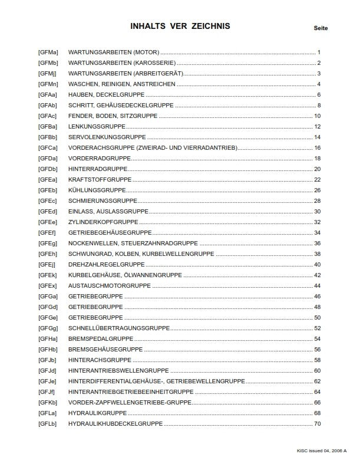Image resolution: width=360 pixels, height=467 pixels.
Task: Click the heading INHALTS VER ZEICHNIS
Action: click(180, 26)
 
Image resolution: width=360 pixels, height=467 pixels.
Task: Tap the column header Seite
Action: click(321, 28)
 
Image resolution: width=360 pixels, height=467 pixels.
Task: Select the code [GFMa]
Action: click(48, 52)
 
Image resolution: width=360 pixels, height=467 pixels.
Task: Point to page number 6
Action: click(318, 95)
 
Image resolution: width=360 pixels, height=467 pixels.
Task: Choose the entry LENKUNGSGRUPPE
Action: click(95, 127)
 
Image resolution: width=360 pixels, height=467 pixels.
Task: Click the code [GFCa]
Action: click(48, 148)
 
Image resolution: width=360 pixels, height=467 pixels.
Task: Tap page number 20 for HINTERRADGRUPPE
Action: click(317, 169)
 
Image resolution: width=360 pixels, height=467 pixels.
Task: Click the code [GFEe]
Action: click(48, 222)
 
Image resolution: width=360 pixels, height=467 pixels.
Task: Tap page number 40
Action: click(317, 265)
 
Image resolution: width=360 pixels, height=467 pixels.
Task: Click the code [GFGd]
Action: click(48, 307)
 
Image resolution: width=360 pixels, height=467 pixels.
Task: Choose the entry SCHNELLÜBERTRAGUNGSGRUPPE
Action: click(119, 328)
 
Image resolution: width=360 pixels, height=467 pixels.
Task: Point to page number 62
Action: click(317, 382)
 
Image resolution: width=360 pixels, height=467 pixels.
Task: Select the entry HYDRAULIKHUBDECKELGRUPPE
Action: click(115, 424)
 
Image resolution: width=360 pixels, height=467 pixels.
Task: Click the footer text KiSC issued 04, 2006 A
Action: click(322, 450)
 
